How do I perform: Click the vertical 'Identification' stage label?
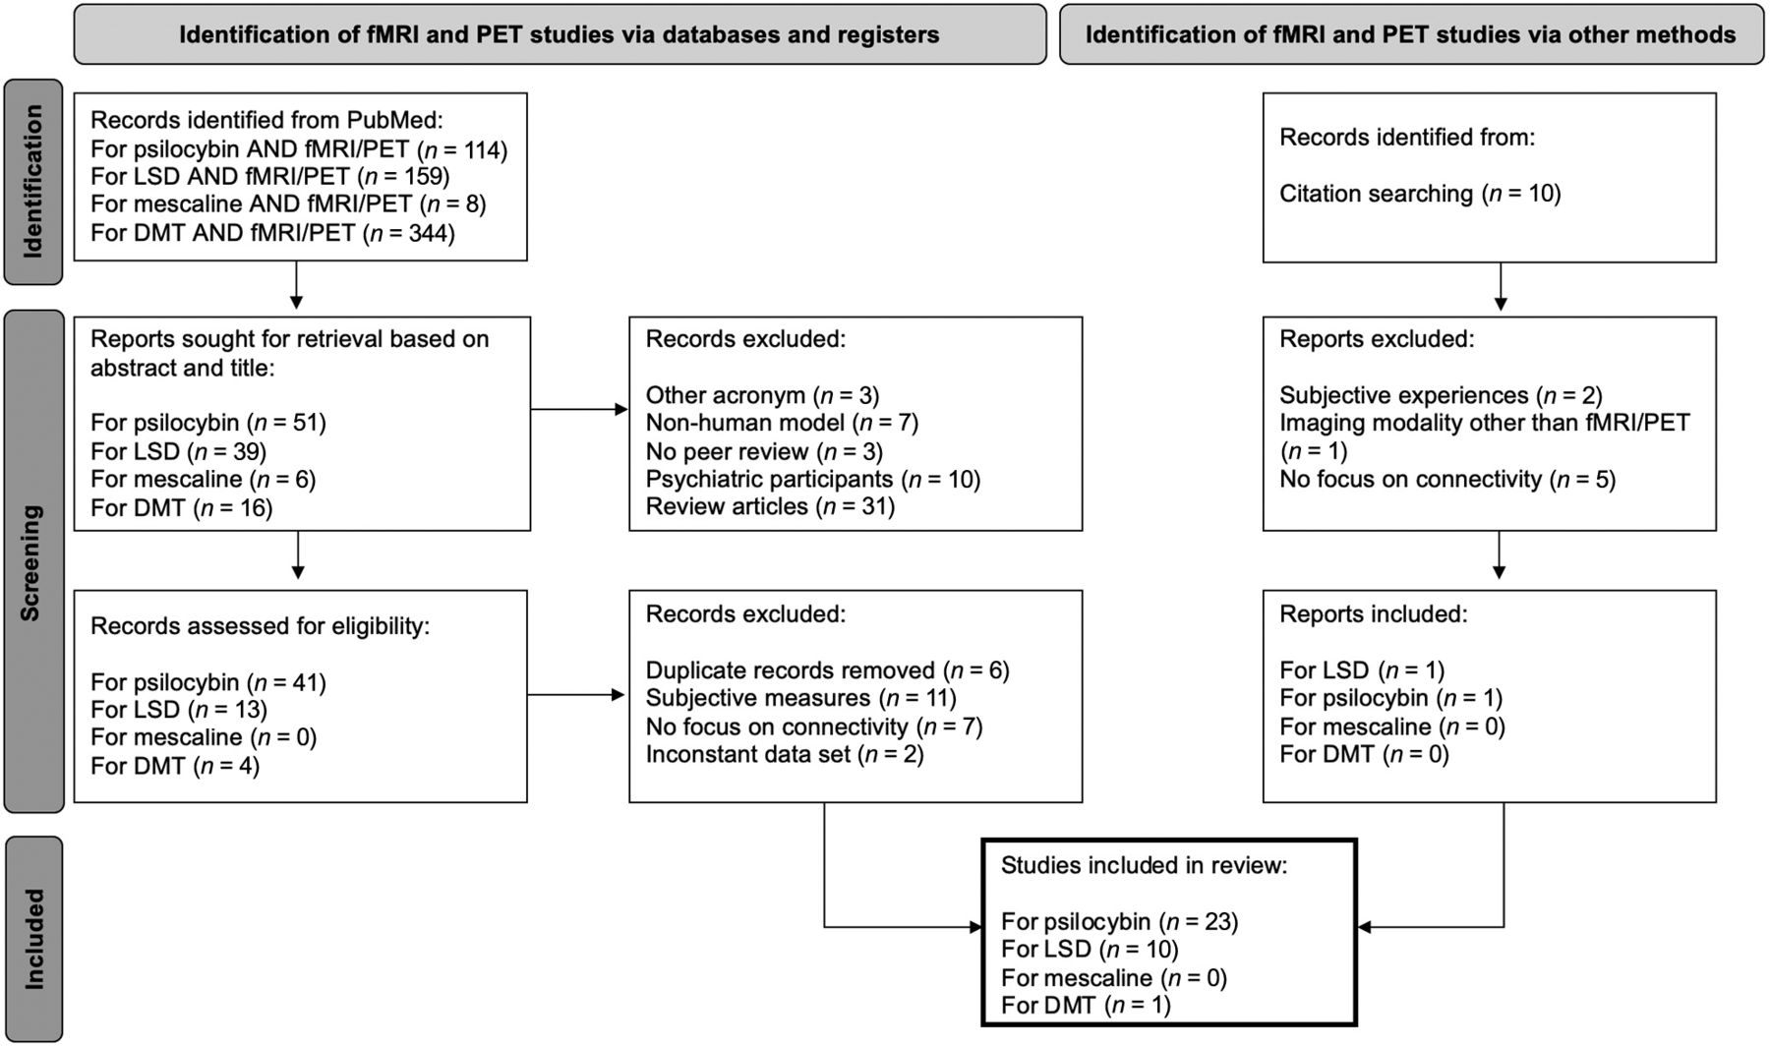[33, 182]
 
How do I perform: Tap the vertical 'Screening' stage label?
[30, 562]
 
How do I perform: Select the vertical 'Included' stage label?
[33, 939]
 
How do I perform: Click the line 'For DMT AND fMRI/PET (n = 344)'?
[272, 233]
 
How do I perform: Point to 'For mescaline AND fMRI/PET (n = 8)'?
[288, 204]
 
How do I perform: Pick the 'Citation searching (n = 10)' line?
[1420, 194]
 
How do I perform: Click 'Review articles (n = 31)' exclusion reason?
[770, 507]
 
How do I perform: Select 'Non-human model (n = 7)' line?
[782, 423]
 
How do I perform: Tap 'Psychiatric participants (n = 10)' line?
[813, 479]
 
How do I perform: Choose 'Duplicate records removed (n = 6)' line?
[828, 670]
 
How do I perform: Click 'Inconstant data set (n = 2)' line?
[785, 754]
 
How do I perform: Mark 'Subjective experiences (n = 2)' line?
[1441, 395]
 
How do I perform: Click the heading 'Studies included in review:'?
[1145, 865]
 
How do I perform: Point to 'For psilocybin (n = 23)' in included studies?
[1120, 922]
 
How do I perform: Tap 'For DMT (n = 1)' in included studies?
[1086, 1005]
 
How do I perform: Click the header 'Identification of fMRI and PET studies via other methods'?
[1411, 34]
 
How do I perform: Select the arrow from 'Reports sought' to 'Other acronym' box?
[579, 409]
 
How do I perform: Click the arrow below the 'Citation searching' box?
[1501, 286]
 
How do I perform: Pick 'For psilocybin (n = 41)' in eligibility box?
[208, 682]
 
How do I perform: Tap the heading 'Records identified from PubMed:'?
[267, 121]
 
